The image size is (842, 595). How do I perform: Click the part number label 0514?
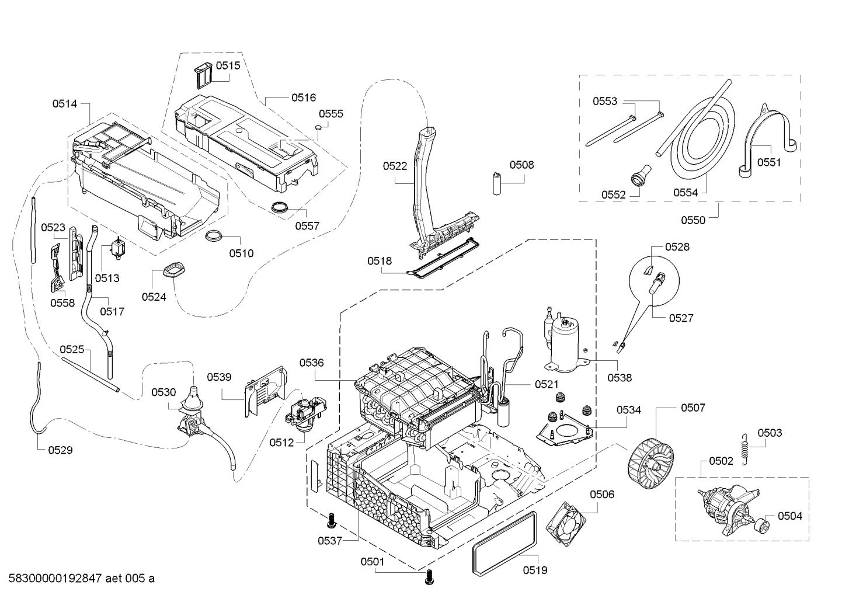click(x=64, y=104)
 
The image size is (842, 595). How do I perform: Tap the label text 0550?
click(x=693, y=220)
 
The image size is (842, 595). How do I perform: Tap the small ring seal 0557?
click(x=281, y=206)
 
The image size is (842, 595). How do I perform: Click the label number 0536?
click(x=311, y=363)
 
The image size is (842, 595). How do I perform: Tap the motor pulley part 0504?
click(x=761, y=528)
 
